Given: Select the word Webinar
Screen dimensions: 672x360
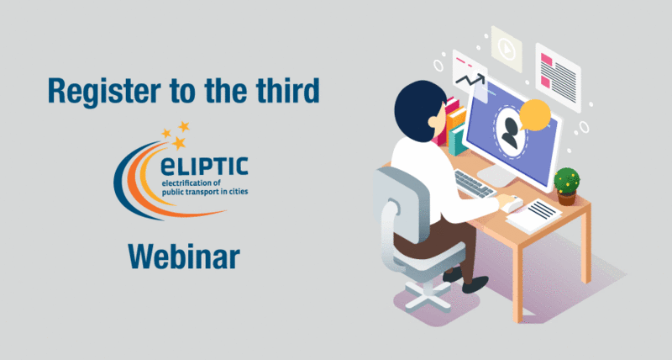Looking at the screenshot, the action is (x=184, y=257).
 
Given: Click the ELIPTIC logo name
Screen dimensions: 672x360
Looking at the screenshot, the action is (x=204, y=167).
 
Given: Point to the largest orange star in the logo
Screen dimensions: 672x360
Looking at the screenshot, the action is (x=179, y=143).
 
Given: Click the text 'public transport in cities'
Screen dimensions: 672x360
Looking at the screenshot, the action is (x=205, y=192).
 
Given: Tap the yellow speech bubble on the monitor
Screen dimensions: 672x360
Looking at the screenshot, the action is (x=534, y=114).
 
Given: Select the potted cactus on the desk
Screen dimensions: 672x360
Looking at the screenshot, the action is (x=566, y=186).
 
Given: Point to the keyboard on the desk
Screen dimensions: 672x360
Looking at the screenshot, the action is (x=474, y=183).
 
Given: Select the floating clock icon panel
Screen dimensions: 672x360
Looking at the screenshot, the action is (x=507, y=49).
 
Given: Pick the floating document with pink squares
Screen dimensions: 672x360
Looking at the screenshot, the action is (x=558, y=77).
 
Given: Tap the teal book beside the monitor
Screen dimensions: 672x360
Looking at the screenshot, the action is (x=458, y=140).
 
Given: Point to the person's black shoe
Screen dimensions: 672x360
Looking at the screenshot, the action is (x=475, y=284).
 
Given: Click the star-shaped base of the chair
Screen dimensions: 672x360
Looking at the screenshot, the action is (x=427, y=295).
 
